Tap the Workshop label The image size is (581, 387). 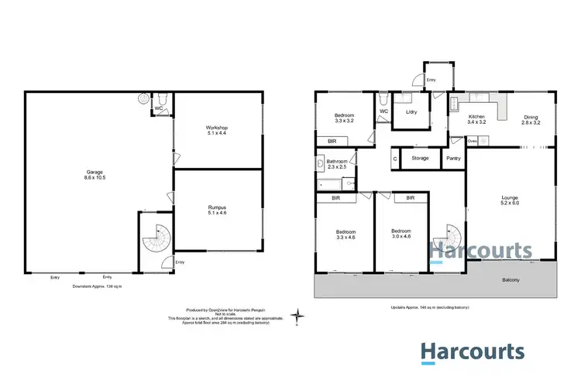click(x=216, y=130)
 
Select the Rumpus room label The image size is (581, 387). click(x=216, y=210)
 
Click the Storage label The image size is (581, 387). click(x=420, y=158)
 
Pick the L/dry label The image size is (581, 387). click(x=411, y=112)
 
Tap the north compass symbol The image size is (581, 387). click(x=298, y=316)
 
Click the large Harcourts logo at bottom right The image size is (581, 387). click(x=473, y=353)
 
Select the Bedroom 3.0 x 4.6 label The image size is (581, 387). click(x=401, y=234)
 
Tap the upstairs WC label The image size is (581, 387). click(x=383, y=111)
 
